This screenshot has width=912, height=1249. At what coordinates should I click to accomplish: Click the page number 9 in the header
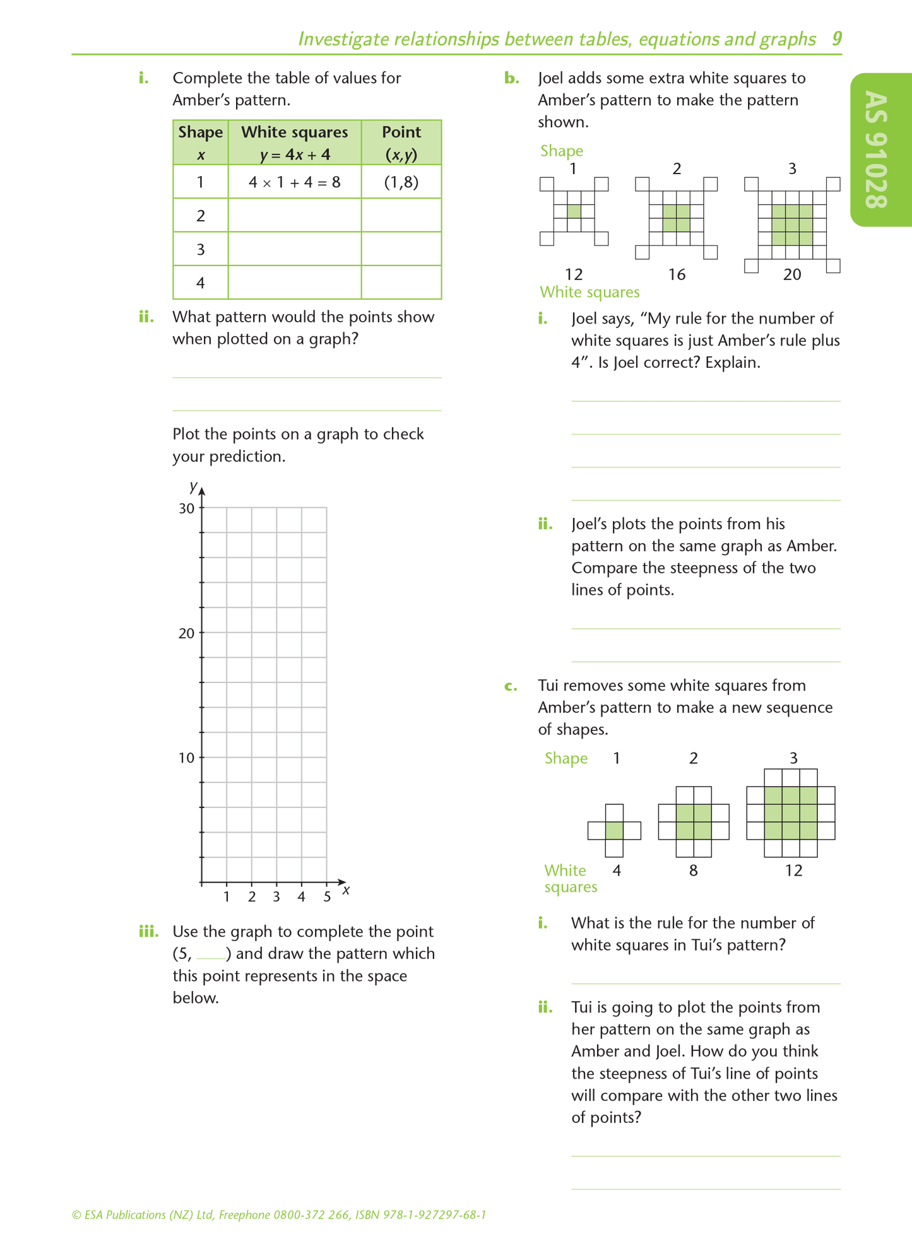pos(836,39)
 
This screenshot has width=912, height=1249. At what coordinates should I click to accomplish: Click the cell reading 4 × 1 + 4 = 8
pos(294,182)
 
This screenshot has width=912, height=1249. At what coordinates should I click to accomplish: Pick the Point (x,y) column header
pos(401,143)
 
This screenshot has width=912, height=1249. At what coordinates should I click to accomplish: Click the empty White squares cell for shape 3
pos(294,249)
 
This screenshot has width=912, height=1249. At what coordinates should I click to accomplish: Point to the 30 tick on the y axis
pos(187,508)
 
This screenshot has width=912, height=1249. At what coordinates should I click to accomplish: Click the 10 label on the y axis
pos(187,758)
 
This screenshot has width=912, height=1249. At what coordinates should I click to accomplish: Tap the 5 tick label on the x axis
pos(326,896)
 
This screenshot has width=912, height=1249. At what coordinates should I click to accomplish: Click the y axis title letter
pos(193,486)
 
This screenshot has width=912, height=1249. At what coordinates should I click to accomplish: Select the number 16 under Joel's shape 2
pos(677,274)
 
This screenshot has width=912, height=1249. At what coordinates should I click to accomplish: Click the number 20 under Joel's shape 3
pos(791,274)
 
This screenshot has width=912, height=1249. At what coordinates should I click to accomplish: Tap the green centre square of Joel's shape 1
pos(574,211)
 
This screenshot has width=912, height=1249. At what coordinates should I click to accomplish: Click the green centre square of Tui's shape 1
pos(614,830)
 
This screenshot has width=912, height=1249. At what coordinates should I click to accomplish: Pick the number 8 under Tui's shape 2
pos(693,871)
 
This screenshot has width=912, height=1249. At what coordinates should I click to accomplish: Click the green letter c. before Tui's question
pos(511,686)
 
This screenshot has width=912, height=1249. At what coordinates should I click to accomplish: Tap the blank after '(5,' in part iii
pos(211,954)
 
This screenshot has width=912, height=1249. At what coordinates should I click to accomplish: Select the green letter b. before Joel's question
pos(511,78)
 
